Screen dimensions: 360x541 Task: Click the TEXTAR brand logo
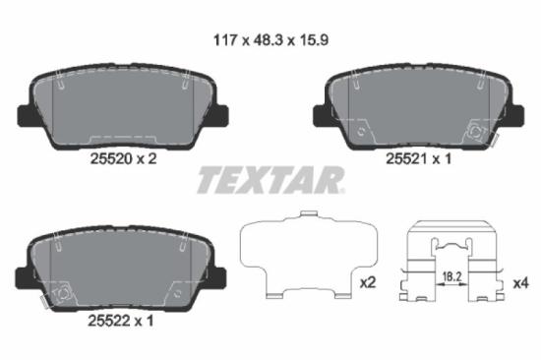tap(270, 180)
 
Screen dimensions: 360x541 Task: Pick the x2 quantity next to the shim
tap(368, 282)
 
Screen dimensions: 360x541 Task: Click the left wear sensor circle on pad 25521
tap(361, 130)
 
